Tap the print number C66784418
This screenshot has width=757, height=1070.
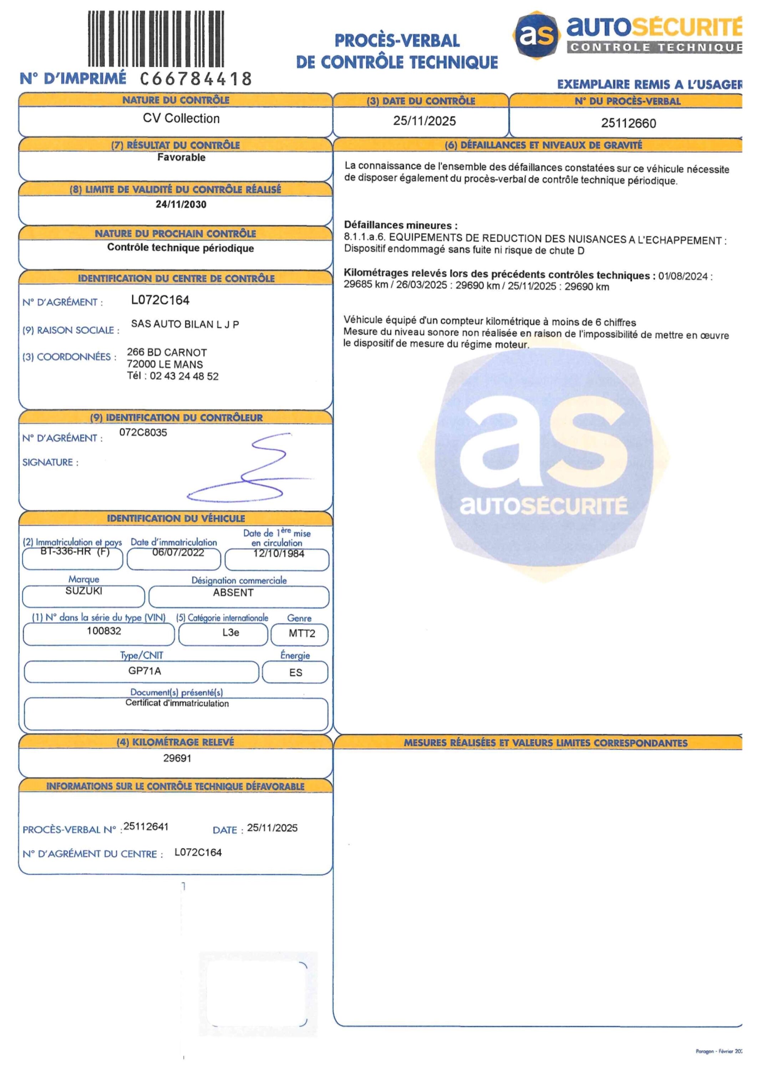[x=196, y=79]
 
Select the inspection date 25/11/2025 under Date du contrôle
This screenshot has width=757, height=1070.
[x=424, y=121]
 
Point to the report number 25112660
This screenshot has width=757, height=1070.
[x=628, y=123]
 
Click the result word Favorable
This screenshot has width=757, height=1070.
[x=181, y=158]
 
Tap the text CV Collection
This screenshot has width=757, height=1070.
[x=181, y=118]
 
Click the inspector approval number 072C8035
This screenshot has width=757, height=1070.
[x=143, y=433]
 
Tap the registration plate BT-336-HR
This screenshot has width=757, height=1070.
[x=65, y=552]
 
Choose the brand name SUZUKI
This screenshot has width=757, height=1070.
[x=84, y=591]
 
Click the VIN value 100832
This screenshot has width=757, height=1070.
[x=104, y=631]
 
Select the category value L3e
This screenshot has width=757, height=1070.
[x=231, y=632]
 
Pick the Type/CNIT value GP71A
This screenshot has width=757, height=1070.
[x=144, y=671]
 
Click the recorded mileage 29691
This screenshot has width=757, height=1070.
[x=177, y=758]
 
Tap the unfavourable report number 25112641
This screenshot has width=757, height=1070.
[x=146, y=827]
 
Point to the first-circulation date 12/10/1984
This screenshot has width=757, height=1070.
[x=279, y=554]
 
